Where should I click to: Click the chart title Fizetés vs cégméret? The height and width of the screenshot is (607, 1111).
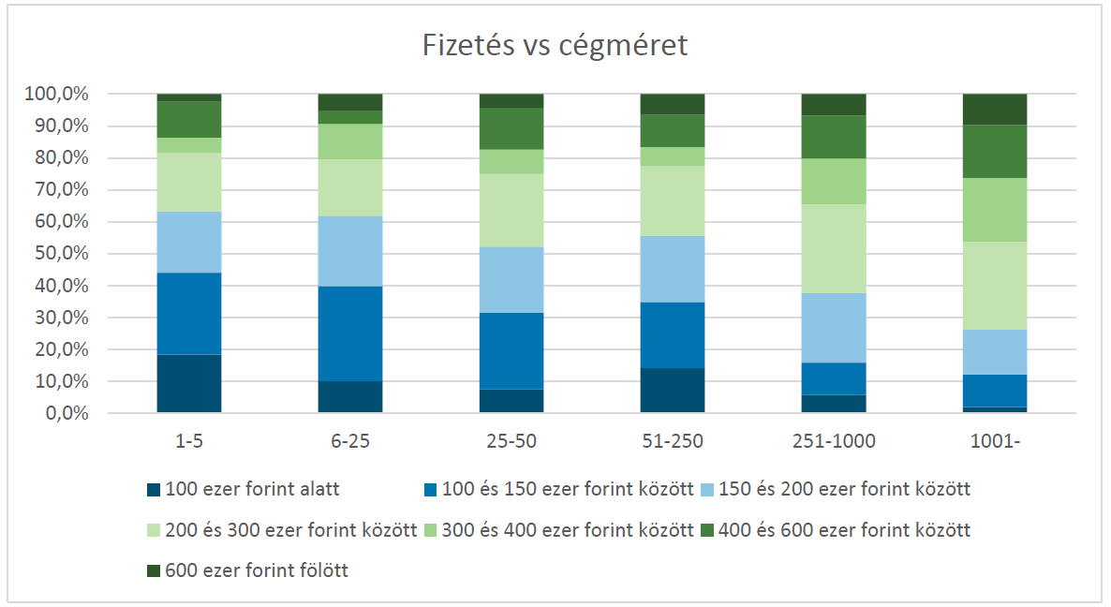pyautogui.click(x=555, y=45)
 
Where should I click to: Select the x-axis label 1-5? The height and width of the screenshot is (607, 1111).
pyautogui.click(x=188, y=440)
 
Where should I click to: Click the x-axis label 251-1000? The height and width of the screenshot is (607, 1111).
pyautogui.click(x=833, y=440)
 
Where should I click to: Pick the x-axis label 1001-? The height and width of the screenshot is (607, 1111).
pyautogui.click(x=994, y=440)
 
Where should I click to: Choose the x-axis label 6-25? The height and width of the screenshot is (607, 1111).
pyautogui.click(x=349, y=440)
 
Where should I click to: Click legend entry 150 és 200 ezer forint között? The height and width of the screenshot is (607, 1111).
pyautogui.click(x=839, y=488)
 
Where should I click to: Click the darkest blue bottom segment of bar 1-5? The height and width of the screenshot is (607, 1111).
pyautogui.click(x=188, y=383)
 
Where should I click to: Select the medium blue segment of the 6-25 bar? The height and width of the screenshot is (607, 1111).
pyautogui.click(x=349, y=333)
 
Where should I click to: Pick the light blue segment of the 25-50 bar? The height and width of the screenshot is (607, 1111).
pyautogui.click(x=511, y=279)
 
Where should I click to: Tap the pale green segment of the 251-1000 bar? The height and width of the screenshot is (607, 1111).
pyautogui.click(x=833, y=248)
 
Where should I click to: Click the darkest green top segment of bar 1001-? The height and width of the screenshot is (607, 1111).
pyautogui.click(x=994, y=109)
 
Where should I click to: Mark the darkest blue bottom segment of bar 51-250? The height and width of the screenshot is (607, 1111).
pyautogui.click(x=672, y=390)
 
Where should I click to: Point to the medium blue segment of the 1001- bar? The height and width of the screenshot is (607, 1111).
pyautogui.click(x=994, y=390)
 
